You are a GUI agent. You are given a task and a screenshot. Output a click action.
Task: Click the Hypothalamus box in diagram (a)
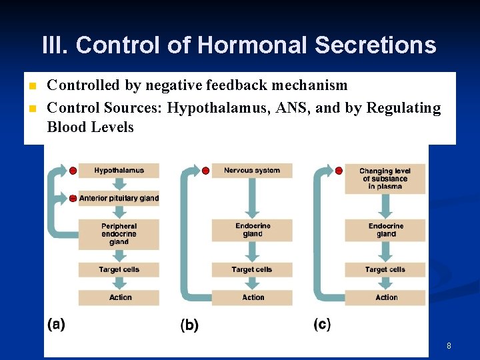(x=119, y=171)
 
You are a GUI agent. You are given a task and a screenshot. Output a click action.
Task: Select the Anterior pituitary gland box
(x=119, y=198)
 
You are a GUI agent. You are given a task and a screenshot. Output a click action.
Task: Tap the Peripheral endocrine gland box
(x=119, y=234)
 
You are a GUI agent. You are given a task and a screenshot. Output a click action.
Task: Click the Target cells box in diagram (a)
(x=119, y=269)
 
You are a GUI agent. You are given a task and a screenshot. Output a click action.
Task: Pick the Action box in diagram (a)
(x=119, y=297)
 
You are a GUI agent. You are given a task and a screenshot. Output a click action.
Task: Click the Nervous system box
(x=252, y=171)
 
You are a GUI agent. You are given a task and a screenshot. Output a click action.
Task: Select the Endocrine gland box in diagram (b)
(x=252, y=230)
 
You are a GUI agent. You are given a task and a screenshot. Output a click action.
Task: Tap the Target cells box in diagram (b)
(x=252, y=269)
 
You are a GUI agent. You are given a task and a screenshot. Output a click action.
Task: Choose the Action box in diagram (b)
(x=252, y=297)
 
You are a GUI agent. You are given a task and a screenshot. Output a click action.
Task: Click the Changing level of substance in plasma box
(x=385, y=179)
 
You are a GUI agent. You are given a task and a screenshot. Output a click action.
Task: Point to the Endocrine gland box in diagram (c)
(x=385, y=230)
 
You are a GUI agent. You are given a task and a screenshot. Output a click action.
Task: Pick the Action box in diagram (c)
(x=385, y=297)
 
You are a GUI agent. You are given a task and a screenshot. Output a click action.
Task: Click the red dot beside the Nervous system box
(x=205, y=171)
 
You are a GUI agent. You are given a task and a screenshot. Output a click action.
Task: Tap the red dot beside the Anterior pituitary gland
(x=73, y=199)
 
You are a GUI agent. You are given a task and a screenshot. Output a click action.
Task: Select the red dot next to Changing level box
(x=339, y=171)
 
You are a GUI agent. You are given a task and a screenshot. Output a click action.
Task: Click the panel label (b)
(x=189, y=325)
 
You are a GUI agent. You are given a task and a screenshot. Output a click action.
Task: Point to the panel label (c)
(x=322, y=325)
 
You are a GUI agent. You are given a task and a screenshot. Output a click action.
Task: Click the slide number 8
(x=449, y=346)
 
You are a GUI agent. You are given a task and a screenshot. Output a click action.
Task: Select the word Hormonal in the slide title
(x=253, y=45)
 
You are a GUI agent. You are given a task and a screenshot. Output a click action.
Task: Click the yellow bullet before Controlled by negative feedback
(x=31, y=86)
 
